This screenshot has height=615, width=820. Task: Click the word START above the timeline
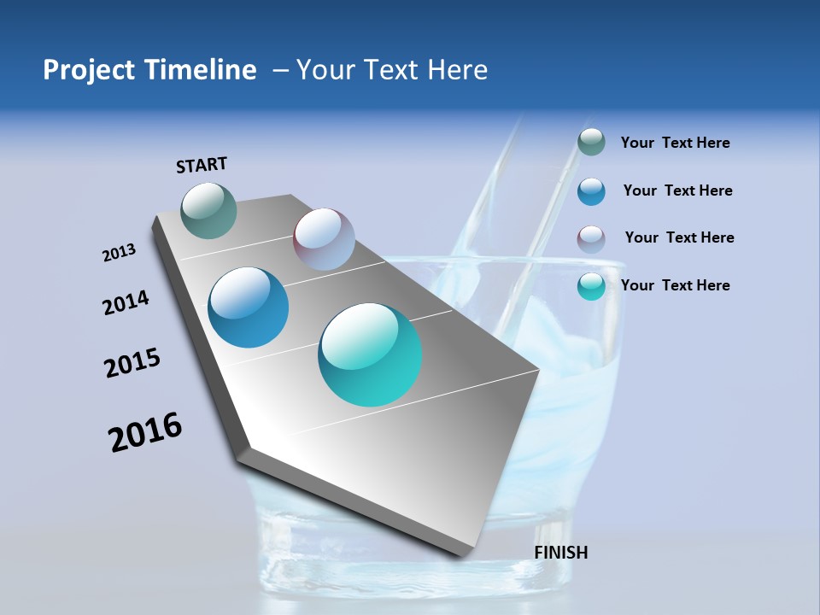pyautogui.click(x=202, y=165)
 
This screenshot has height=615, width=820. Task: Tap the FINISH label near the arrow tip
pyautogui.click(x=561, y=553)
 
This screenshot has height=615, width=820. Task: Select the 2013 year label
pyautogui.click(x=120, y=253)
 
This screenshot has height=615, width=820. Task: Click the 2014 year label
pyautogui.click(x=126, y=302)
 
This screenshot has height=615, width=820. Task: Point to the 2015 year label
pyautogui.click(x=132, y=363)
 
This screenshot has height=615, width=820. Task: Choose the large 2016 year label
pyautogui.click(x=145, y=432)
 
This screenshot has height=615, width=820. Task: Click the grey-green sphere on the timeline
pyautogui.click(x=209, y=210)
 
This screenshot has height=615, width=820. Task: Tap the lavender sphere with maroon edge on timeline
pyautogui.click(x=324, y=239)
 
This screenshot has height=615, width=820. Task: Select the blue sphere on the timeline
pyautogui.click(x=249, y=307)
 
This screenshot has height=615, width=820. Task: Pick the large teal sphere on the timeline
pyautogui.click(x=370, y=354)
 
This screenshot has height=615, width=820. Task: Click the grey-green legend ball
pyautogui.click(x=591, y=143)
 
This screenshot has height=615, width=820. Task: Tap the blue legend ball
pyautogui.click(x=591, y=191)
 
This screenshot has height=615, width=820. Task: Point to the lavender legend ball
pyautogui.click(x=591, y=239)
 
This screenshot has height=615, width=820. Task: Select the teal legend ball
pyautogui.click(x=591, y=286)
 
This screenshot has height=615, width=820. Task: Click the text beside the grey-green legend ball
pyautogui.click(x=675, y=143)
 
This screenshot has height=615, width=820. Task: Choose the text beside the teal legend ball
pyautogui.click(x=675, y=285)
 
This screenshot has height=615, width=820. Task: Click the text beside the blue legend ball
pyautogui.click(x=677, y=190)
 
